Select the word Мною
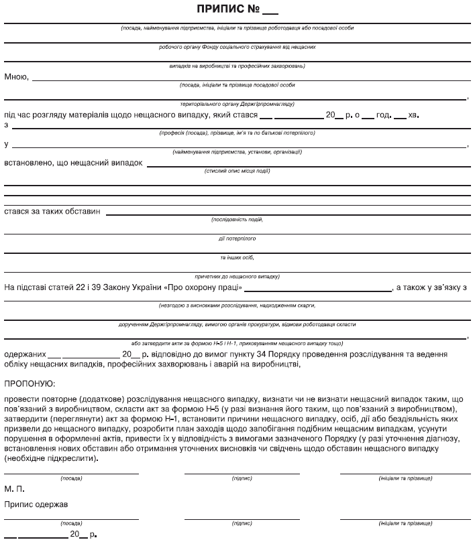point(16,76)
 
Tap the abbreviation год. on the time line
point(384,115)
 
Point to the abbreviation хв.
point(413,115)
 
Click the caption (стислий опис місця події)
point(238,171)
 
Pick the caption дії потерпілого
point(237,238)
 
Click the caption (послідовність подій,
point(237,219)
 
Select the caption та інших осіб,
point(237,257)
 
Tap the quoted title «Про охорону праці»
point(199,288)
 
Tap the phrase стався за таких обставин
point(52,211)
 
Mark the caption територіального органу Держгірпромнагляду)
point(238,104)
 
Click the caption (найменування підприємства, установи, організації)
point(237,152)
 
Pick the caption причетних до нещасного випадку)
point(237,276)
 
